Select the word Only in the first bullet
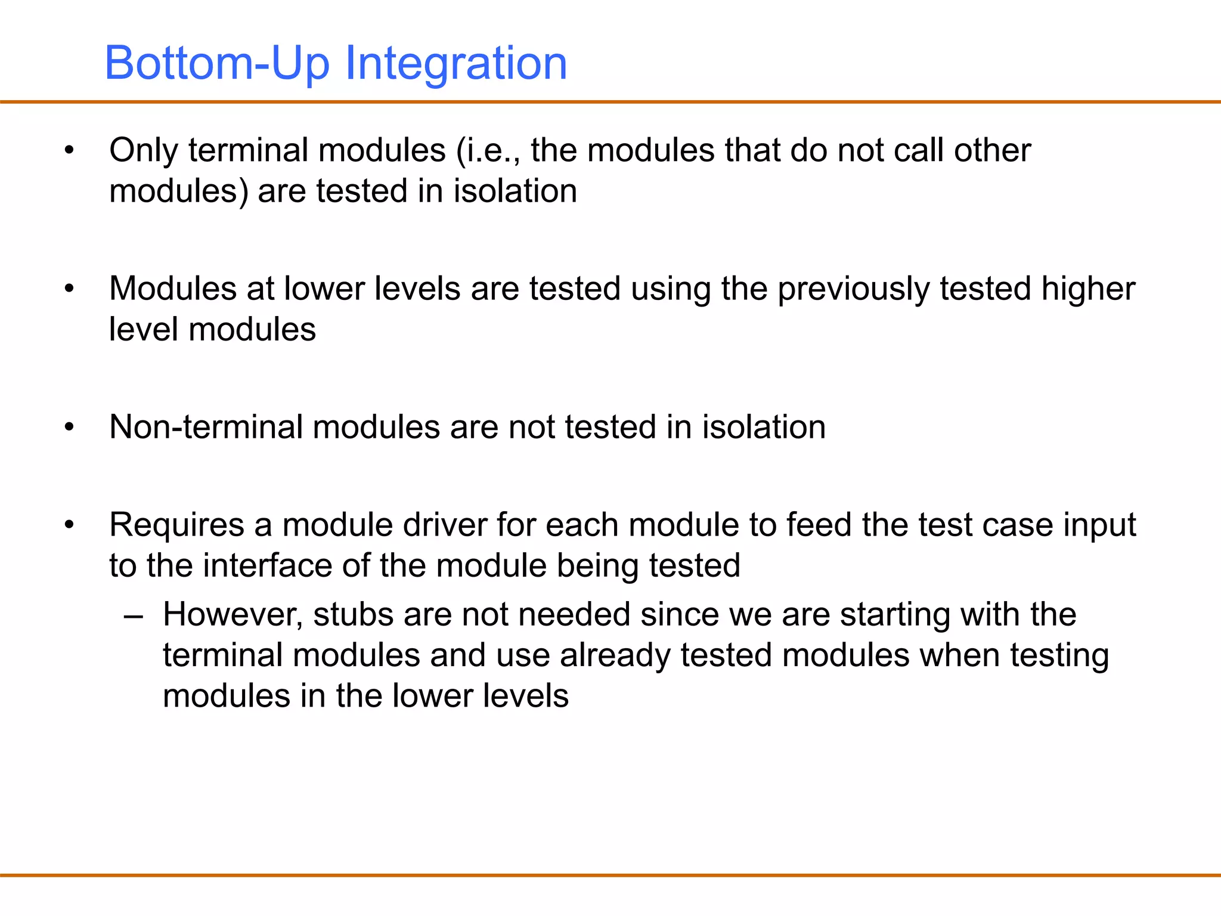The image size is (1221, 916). tap(143, 150)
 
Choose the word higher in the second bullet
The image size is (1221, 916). tap(1088, 289)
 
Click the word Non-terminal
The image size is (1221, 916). tap(206, 427)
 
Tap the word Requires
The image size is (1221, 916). tap(176, 525)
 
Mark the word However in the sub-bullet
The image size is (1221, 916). tap(233, 615)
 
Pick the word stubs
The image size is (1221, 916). tap(353, 615)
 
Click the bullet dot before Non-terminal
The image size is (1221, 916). tap(70, 427)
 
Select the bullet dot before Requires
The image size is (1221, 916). tap(70, 525)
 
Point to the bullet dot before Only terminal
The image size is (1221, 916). tap(70, 150)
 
